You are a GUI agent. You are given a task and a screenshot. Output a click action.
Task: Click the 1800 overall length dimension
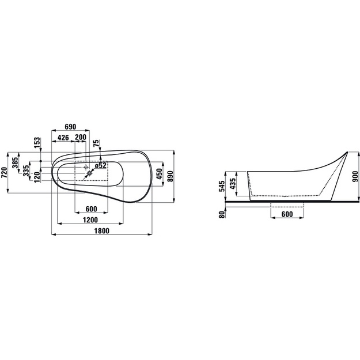102,231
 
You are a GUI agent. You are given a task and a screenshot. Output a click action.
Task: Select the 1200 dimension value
90,220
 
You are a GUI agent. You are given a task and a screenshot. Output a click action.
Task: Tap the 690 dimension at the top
70,127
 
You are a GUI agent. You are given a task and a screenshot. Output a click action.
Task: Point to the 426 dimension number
63,138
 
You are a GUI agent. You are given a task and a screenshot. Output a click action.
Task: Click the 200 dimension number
81,137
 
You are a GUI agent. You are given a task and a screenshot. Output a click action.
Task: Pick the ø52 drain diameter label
101,165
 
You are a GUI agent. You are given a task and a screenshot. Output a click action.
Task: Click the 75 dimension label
97,143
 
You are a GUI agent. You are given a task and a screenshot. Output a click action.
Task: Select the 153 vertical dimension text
37,143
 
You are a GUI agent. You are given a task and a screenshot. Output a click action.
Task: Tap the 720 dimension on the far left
5,173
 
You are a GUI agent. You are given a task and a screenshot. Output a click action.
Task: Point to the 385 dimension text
16,162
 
